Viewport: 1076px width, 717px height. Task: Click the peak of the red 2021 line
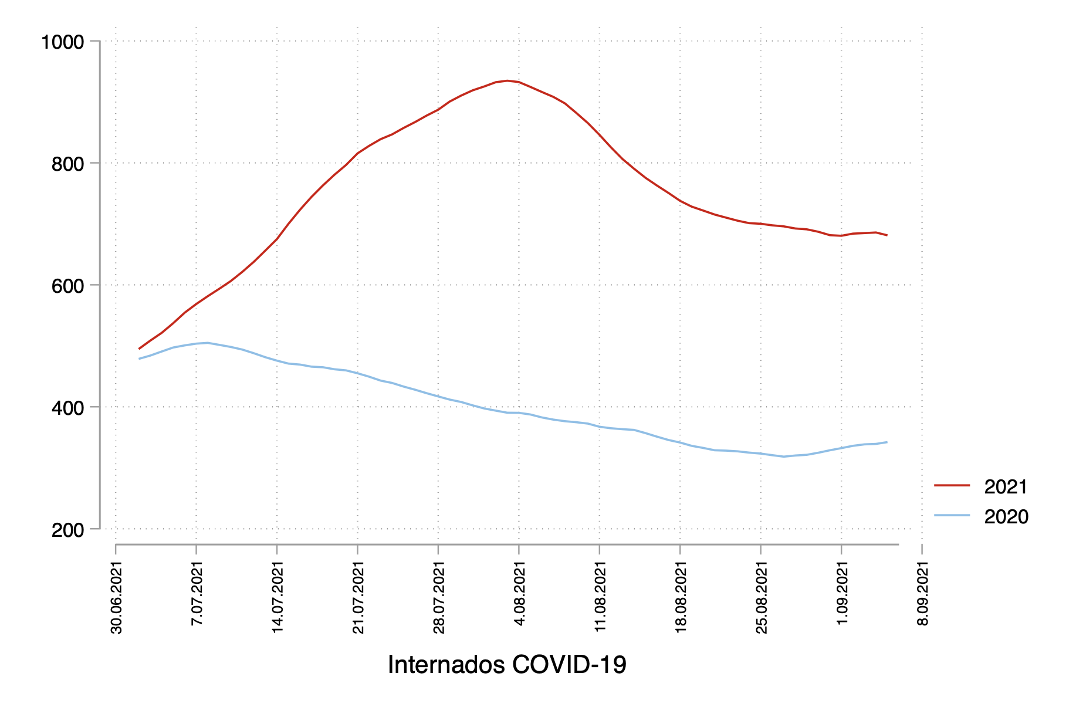coord(507,81)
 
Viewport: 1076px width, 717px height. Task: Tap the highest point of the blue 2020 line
coord(207,343)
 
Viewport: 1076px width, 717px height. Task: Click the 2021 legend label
coord(1006,487)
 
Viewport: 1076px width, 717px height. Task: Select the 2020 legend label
coord(1006,517)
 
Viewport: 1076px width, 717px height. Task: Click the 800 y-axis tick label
coord(67,164)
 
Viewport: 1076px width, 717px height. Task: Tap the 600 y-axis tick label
coord(67,286)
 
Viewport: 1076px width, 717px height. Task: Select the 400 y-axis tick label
coord(67,407)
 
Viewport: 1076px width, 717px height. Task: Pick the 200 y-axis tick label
coord(67,530)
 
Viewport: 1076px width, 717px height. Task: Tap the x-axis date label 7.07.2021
coord(197,594)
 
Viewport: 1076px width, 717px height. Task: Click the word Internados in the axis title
coord(446,665)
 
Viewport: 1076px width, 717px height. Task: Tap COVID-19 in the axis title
coord(569,665)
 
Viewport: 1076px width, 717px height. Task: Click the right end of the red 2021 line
coord(886,235)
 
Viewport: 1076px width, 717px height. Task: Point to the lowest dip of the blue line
coord(783,456)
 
